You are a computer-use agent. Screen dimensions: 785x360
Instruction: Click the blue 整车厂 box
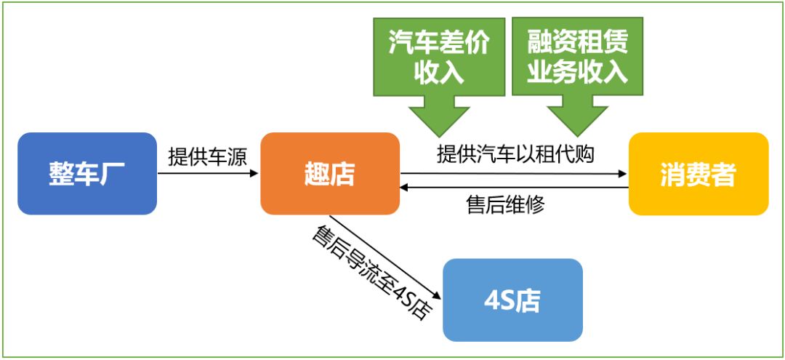[87, 173]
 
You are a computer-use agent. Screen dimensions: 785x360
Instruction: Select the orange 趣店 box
[330, 173]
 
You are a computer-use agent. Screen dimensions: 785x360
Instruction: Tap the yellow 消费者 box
[699, 173]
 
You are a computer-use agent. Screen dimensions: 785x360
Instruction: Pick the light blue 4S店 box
[512, 300]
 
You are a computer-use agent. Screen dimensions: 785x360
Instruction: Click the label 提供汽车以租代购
[515, 153]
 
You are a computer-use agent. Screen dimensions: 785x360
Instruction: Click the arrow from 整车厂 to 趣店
[208, 173]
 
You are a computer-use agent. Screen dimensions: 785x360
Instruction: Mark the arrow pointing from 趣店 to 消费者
[514, 173]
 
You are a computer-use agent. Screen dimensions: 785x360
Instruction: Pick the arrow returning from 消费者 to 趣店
[514, 187]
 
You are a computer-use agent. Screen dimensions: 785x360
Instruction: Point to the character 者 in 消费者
[724, 175]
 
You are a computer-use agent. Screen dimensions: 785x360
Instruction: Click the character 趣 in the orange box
[317, 175]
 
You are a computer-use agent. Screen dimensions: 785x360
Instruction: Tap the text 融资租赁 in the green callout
[577, 44]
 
